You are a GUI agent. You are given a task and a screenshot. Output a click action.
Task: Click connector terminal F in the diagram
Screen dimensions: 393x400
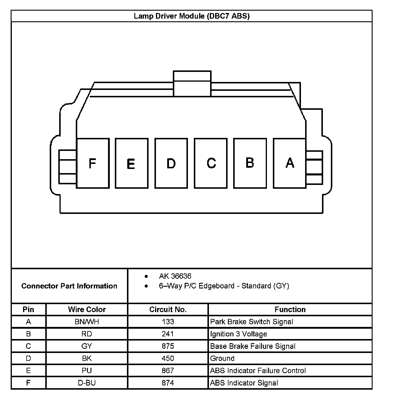pyautogui.click(x=93, y=163)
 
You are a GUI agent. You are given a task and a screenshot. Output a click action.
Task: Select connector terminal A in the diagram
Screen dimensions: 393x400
pyautogui.click(x=289, y=163)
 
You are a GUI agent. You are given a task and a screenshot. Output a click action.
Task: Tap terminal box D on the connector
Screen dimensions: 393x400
pyautogui.click(x=171, y=163)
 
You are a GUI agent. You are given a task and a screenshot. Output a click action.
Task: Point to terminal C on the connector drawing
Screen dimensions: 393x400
pyautogui.click(x=211, y=163)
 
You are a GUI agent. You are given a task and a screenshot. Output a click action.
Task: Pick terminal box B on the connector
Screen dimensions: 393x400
pyautogui.click(x=250, y=163)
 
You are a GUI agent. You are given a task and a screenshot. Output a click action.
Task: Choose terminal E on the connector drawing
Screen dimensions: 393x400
pyautogui.click(x=131, y=163)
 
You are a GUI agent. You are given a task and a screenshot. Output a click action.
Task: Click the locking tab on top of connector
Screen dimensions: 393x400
pyautogui.click(x=192, y=83)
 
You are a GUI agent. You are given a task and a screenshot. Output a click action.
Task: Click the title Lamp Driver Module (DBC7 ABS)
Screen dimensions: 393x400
pyautogui.click(x=192, y=16)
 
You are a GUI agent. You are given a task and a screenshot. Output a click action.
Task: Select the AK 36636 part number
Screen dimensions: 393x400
pyautogui.click(x=175, y=276)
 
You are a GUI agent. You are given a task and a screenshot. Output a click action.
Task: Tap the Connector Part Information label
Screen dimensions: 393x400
pyautogui.click(x=69, y=286)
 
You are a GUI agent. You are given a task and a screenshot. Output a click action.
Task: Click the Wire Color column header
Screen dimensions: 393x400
pyautogui.click(x=87, y=309)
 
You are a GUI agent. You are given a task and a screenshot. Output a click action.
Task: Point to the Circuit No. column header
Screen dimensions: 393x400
pyautogui.click(x=168, y=309)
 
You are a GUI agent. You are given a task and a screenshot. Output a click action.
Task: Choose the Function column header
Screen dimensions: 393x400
pyautogui.click(x=290, y=309)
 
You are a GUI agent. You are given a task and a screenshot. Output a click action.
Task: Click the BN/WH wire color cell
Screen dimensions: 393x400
pyautogui.click(x=87, y=322)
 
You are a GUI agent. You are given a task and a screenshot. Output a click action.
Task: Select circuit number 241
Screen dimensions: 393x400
pyautogui.click(x=168, y=334)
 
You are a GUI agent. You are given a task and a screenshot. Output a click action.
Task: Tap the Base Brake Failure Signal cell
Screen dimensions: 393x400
pyautogui.click(x=253, y=346)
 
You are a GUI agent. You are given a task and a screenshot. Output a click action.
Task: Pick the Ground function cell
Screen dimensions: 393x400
pyautogui.click(x=222, y=358)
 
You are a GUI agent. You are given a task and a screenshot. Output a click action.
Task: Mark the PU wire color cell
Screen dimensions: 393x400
pyautogui.click(x=87, y=370)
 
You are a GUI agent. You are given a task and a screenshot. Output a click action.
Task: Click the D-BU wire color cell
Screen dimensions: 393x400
pyautogui.click(x=87, y=383)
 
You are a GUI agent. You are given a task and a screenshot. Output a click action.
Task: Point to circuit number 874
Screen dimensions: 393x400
pyautogui.click(x=168, y=383)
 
